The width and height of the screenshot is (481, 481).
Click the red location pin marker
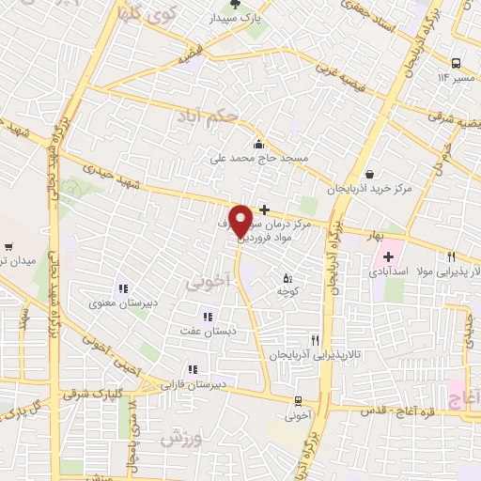point(241,220)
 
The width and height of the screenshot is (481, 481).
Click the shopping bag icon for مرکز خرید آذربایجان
point(370,174)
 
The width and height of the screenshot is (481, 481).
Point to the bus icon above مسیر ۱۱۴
point(456,62)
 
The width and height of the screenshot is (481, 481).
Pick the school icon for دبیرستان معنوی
point(121,288)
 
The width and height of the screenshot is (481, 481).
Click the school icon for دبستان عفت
point(207,317)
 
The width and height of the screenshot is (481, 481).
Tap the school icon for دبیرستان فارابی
point(193,369)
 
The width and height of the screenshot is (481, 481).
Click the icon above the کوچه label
point(287,278)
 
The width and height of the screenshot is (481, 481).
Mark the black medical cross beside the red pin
point(264,209)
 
